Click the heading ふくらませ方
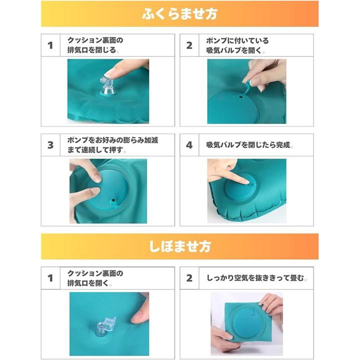pos(179,14)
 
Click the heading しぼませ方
pos(180,246)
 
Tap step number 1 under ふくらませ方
pos(50,45)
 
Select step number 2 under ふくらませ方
pos(189,45)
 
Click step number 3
pos(50,145)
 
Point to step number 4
pos(189,145)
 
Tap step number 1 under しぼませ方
pos(50,278)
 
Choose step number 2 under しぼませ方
pos(189,278)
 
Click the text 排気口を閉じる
pos(92,50)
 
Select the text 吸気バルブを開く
pos(234,50)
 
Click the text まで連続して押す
pos(95,150)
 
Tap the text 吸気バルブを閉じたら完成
pos(248,145)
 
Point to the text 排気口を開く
pos(88,283)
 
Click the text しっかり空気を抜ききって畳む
pos(255,278)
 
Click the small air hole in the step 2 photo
pos(241,97)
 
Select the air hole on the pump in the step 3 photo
pos(112,199)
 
